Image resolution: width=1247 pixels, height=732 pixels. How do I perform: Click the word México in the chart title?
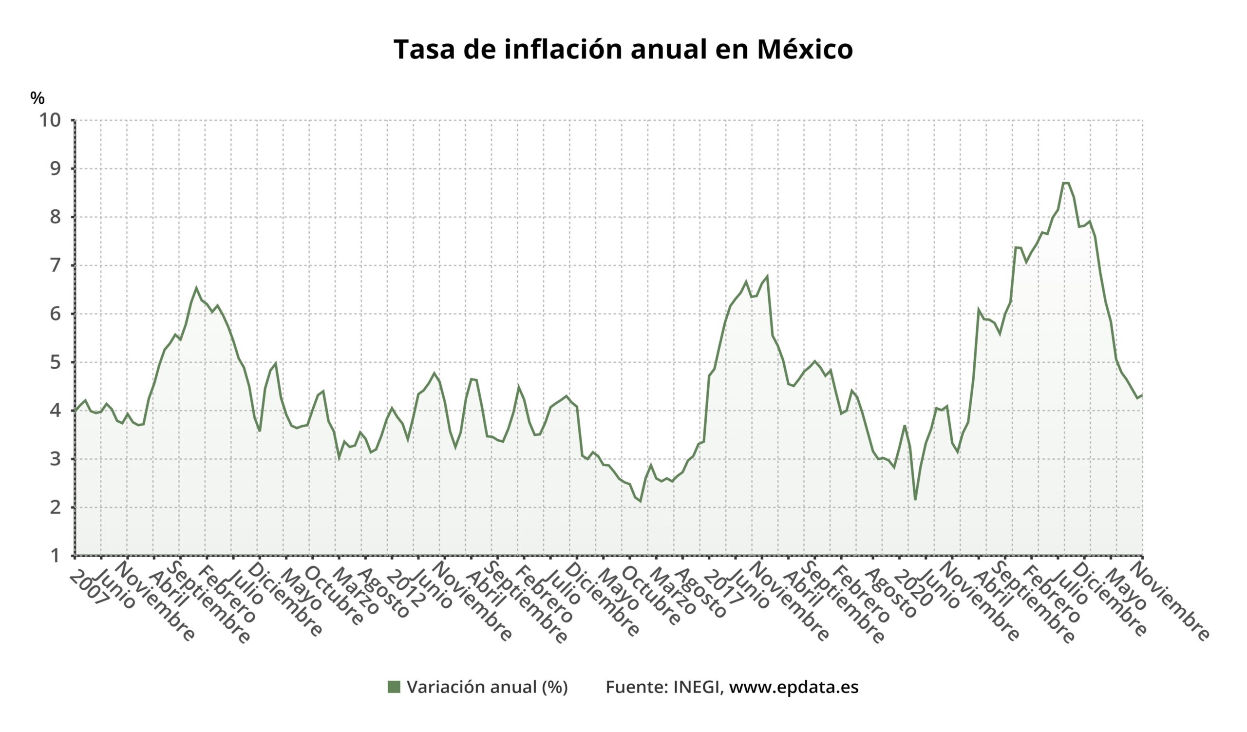[x=805, y=50]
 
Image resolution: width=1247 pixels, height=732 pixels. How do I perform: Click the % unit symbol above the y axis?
[x=37, y=98]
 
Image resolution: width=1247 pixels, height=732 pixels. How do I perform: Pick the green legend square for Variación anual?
[x=394, y=687]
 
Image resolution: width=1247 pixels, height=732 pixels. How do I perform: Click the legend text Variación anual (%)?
[x=487, y=687]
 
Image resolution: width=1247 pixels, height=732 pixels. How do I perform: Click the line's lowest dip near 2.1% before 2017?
[x=641, y=502]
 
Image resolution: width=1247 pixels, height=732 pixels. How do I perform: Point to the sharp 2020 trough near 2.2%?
[x=915, y=500]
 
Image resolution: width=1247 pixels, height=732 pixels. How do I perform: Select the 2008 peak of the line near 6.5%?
[x=196, y=287]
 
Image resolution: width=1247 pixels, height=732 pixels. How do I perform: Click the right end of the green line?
[x=1142, y=394]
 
